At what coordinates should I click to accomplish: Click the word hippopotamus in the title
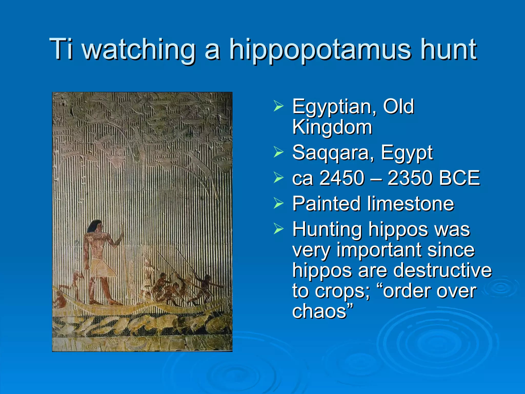(319, 50)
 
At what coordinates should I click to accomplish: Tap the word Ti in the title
(61, 49)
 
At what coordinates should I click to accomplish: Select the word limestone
(410, 204)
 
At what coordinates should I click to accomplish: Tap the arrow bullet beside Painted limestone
(278, 203)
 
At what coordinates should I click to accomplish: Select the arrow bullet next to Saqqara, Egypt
(278, 152)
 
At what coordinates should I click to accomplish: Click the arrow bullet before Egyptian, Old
(278, 106)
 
